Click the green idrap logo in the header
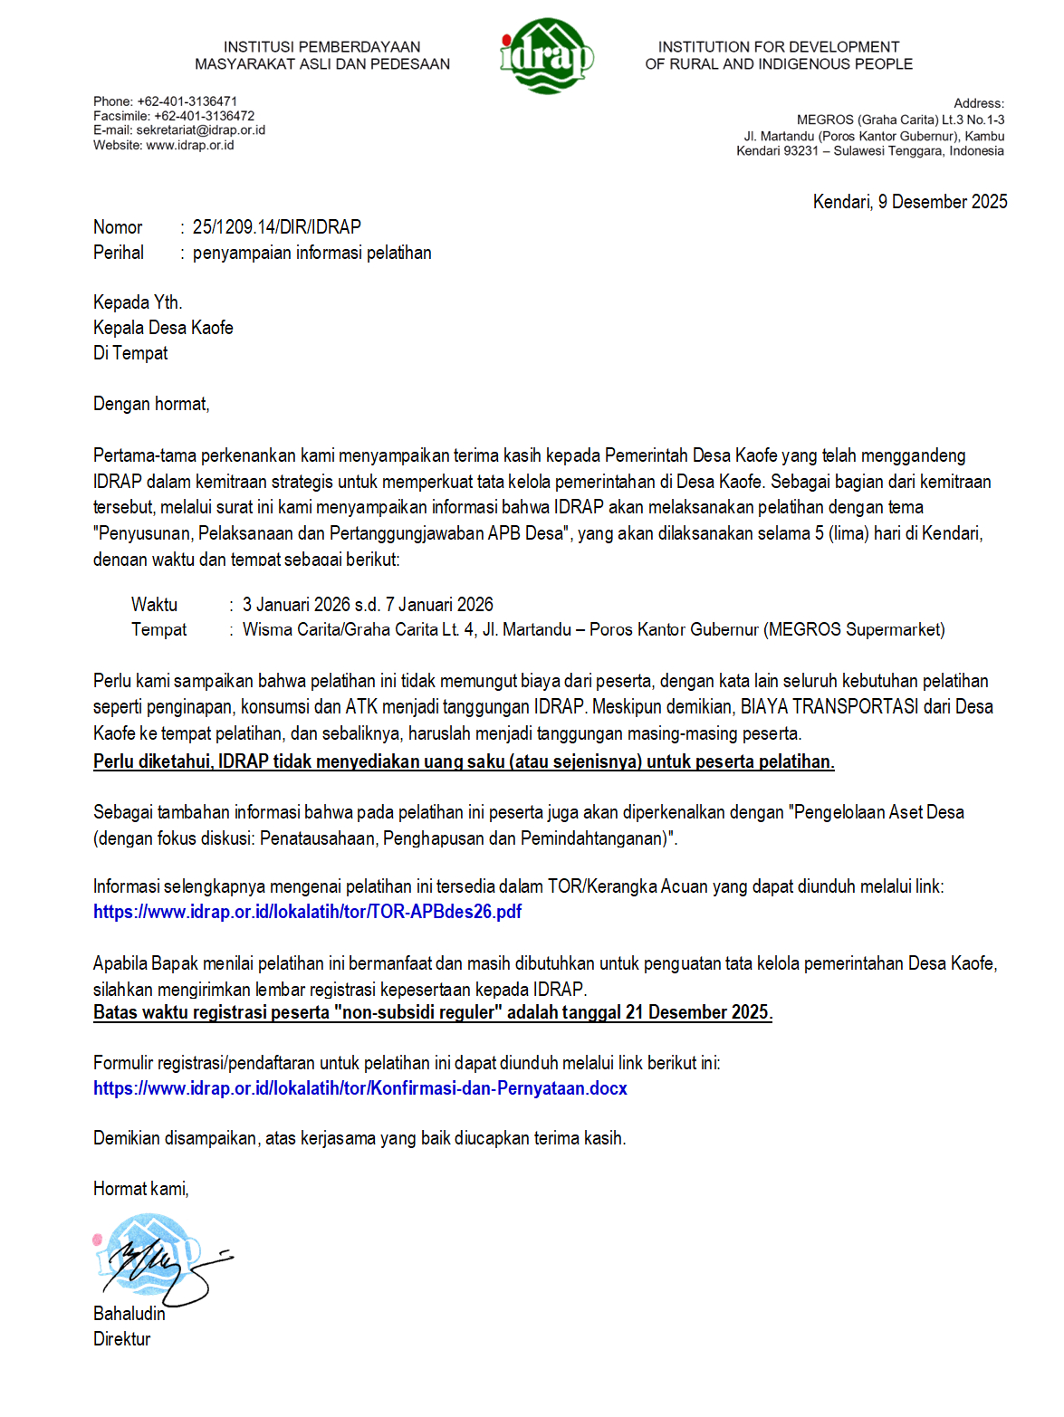[x=546, y=56]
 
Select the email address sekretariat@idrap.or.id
[x=200, y=130]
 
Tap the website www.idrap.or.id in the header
[x=189, y=145]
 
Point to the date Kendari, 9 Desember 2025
[x=909, y=202]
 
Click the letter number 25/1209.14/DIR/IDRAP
[x=276, y=227]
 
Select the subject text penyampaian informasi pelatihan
[x=312, y=253]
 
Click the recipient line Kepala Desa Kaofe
[x=163, y=328]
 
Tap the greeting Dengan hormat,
[x=151, y=404]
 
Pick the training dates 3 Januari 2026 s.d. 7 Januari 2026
[x=368, y=605]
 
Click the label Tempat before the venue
[x=158, y=630]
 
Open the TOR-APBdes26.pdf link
[x=307, y=912]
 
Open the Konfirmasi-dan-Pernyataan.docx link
[x=359, y=1088]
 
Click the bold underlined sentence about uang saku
[x=464, y=761]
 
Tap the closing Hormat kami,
[x=140, y=1189]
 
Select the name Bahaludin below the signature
[x=129, y=1314]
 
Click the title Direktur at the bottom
[x=121, y=1339]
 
